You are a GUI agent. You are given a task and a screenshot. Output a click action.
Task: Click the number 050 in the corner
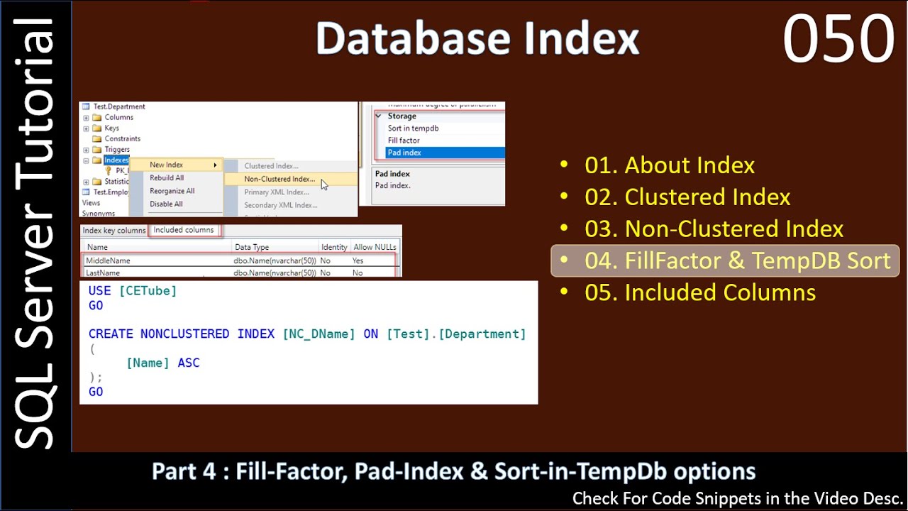click(x=838, y=40)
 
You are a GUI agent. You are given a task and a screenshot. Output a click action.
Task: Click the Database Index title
click(x=477, y=39)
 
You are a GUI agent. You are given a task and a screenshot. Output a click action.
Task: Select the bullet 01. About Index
click(x=669, y=165)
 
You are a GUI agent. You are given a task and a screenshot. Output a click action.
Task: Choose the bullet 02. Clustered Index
click(x=687, y=197)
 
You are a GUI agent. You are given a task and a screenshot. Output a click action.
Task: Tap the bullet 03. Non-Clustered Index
click(x=713, y=229)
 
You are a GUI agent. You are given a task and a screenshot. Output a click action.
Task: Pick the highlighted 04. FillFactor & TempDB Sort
click(x=737, y=260)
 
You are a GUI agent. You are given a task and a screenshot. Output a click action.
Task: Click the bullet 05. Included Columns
click(x=699, y=292)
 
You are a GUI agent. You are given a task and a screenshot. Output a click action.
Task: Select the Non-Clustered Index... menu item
click(x=279, y=179)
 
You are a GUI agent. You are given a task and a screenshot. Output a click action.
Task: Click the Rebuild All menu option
click(x=167, y=178)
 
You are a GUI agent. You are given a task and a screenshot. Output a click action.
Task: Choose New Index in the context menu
click(x=166, y=165)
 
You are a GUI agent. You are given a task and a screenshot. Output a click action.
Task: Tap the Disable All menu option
click(x=166, y=204)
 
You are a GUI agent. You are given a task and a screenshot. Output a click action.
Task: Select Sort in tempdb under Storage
click(x=413, y=128)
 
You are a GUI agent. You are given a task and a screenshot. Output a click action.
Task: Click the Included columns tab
click(x=183, y=230)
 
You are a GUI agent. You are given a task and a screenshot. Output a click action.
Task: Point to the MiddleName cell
click(x=108, y=260)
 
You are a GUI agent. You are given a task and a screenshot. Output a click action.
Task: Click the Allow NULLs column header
click(x=375, y=247)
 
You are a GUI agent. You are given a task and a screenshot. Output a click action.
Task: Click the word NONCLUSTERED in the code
click(x=184, y=334)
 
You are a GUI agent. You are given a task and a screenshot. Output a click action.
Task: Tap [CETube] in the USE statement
click(x=148, y=290)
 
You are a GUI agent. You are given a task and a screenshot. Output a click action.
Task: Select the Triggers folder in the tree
click(x=117, y=150)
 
